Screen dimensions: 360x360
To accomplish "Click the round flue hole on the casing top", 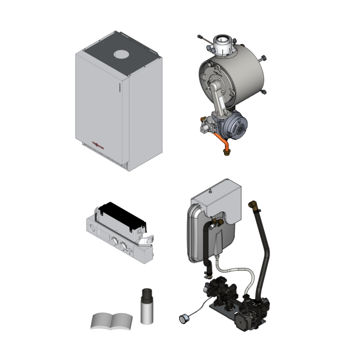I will (x=121, y=55).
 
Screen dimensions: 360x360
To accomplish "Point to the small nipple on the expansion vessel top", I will (x=210, y=192).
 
